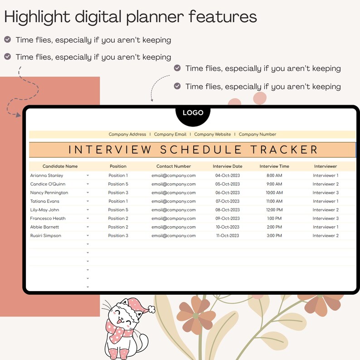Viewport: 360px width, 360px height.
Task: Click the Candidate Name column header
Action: (60, 166)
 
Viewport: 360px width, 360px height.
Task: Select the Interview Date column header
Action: (228, 166)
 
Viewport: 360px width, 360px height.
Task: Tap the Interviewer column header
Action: (326, 166)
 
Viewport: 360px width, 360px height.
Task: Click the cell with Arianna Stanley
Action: (47, 175)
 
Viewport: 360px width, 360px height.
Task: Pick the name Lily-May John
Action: (45, 210)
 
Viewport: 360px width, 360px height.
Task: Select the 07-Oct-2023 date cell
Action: (228, 201)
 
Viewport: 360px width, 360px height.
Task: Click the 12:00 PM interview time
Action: (274, 210)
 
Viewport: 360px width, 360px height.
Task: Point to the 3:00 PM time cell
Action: (274, 236)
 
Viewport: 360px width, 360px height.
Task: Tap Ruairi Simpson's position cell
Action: (118, 236)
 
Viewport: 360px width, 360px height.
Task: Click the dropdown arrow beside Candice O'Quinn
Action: (88, 184)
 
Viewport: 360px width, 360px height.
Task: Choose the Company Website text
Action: (212, 134)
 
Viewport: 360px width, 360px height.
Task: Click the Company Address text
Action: (127, 134)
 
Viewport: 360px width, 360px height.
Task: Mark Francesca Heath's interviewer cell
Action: (326, 219)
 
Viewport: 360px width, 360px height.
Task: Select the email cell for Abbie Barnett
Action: (174, 227)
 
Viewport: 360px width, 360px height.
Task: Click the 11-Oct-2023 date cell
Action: (228, 236)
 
